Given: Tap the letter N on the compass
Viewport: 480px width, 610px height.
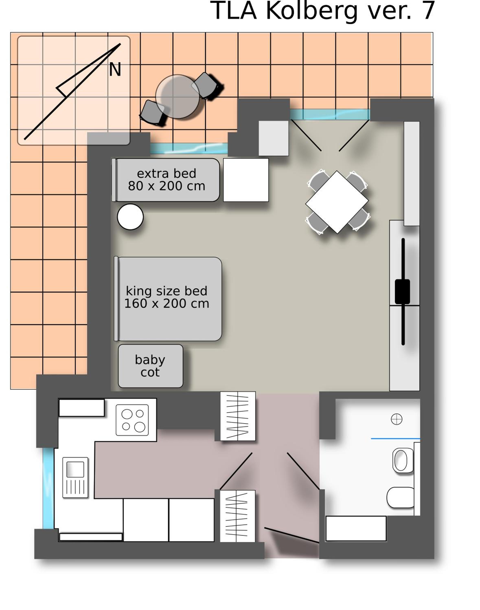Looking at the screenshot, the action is [x=115, y=69].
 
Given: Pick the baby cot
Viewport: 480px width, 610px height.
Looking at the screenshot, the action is [x=151, y=366].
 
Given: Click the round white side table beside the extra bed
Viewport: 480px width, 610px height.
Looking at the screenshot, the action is [x=130, y=217].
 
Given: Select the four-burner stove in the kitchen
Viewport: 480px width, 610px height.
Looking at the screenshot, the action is [x=132, y=420].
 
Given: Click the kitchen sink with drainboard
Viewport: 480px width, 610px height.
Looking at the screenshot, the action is [x=75, y=477].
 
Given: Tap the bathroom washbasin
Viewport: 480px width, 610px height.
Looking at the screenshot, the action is [x=403, y=460].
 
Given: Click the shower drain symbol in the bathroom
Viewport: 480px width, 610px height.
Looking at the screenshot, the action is [x=397, y=419].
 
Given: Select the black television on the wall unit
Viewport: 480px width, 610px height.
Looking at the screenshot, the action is [x=403, y=292].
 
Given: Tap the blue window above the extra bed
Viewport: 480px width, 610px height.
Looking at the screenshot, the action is [x=189, y=148].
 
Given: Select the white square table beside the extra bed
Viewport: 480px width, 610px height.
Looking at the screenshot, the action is [x=246, y=180].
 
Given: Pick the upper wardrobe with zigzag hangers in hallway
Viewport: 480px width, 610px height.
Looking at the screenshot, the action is [x=238, y=416].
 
